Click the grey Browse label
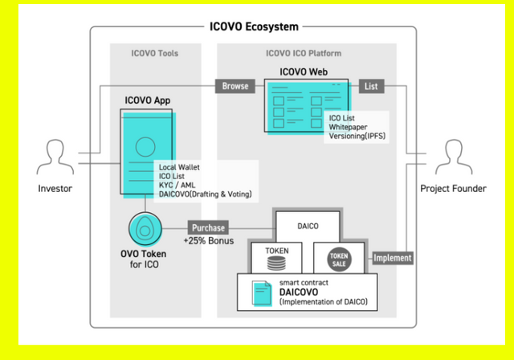pyautogui.click(x=235, y=86)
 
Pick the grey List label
pyautogui.click(x=370, y=86)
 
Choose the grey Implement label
pyautogui.click(x=393, y=258)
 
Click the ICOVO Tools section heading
pyautogui.click(x=155, y=54)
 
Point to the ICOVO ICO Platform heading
pyautogui.click(x=304, y=54)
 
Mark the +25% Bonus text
pyautogui.click(x=207, y=241)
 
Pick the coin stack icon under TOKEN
pyautogui.click(x=276, y=264)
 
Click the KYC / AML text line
pyautogui.click(x=177, y=185)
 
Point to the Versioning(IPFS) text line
pyautogui.click(x=360, y=137)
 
